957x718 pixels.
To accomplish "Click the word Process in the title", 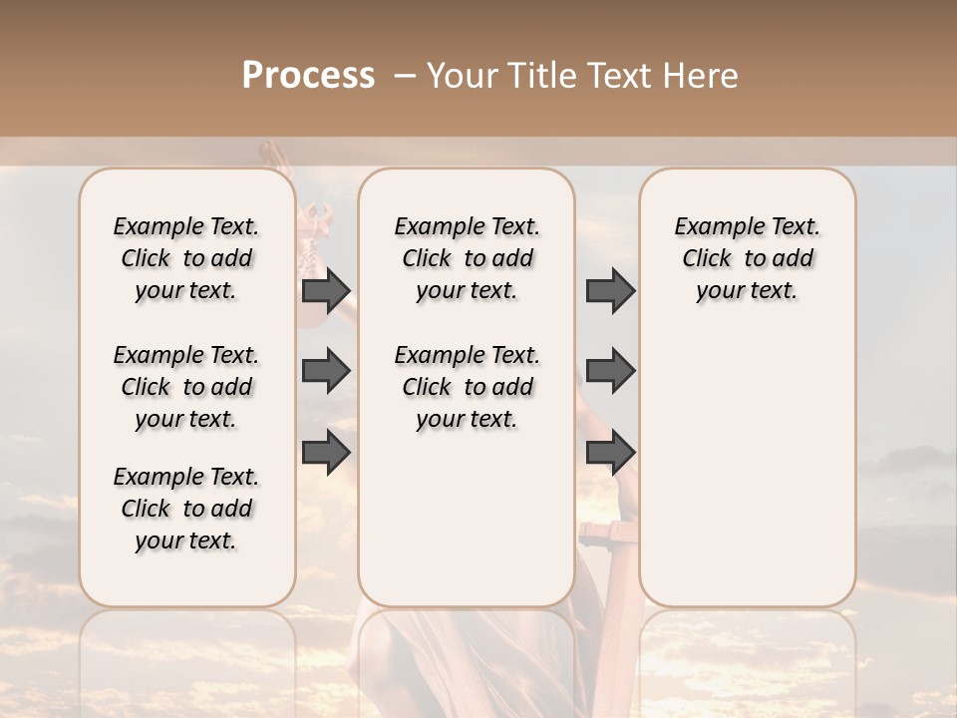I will (x=308, y=76).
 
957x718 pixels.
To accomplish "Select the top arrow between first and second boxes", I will (x=326, y=291).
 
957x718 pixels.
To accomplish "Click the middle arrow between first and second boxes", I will (x=326, y=371).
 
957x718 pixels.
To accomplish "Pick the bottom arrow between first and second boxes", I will (x=326, y=452).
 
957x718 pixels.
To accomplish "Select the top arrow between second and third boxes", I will (x=610, y=291).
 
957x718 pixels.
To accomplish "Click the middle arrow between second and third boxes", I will (x=610, y=371).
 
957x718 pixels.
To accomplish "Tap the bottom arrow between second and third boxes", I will (x=610, y=452).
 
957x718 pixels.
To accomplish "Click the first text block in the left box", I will (x=186, y=258).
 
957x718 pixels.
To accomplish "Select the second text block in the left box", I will (x=186, y=387).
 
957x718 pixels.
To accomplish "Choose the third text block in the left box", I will (x=186, y=509).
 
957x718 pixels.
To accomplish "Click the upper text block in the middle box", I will (x=467, y=258).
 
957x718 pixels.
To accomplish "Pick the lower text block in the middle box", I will (x=467, y=387).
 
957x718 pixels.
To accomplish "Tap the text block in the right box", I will (x=747, y=258).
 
